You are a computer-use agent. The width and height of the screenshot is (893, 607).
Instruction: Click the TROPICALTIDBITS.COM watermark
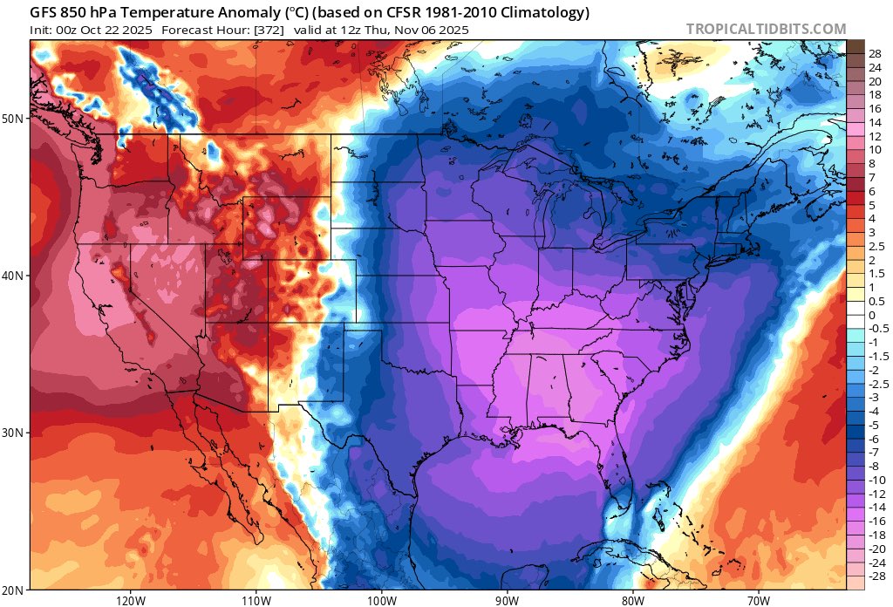[766, 29]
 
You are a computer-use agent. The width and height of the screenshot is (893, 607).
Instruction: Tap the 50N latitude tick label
[16, 118]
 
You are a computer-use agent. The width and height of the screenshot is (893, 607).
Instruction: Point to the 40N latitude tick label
[16, 275]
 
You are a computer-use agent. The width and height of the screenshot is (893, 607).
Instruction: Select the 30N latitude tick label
[16, 433]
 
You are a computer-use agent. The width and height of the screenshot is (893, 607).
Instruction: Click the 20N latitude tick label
[16, 590]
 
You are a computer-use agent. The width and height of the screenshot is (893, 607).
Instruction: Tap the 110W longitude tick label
[256, 599]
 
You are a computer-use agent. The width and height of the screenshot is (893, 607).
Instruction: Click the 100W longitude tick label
[381, 599]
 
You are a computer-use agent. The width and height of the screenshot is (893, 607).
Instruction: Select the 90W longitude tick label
[507, 599]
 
